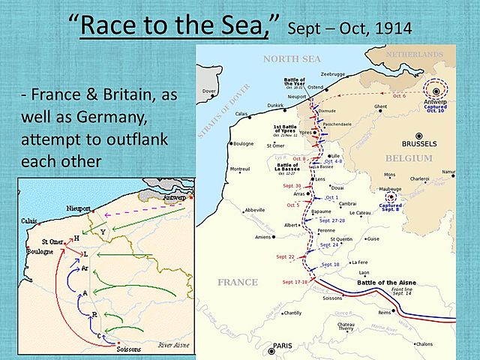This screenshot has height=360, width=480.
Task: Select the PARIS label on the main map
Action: (x=283, y=346)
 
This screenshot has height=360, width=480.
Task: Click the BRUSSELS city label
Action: (x=419, y=143)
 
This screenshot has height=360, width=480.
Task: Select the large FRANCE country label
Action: (x=237, y=282)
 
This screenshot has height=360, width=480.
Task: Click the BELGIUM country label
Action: (x=408, y=159)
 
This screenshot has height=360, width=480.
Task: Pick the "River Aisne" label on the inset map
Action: (x=172, y=346)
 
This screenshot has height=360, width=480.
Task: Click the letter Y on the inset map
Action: (x=102, y=232)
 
